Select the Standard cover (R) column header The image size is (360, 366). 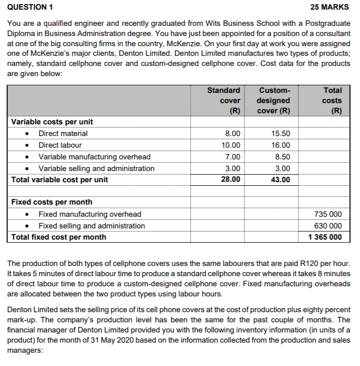(224, 101)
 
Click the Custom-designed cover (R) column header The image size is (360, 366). (274, 101)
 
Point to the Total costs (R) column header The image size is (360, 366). (332, 101)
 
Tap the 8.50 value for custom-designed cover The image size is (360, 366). (281, 157)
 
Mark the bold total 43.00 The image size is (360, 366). (281, 180)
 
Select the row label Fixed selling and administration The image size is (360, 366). (92, 226)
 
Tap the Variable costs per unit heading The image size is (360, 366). (52, 122)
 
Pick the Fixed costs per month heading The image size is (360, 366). (52, 202)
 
